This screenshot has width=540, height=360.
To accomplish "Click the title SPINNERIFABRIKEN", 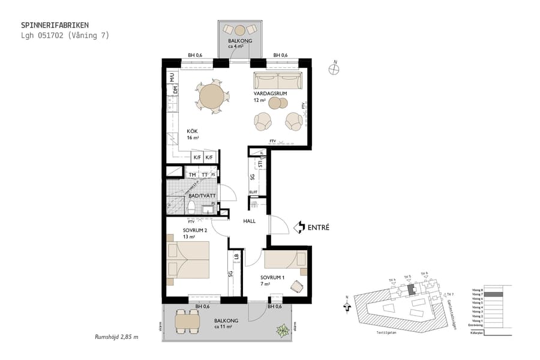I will [x=55, y=25].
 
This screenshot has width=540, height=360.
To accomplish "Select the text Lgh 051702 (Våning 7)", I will [x=65, y=35].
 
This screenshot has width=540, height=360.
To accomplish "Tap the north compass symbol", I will [x=334, y=69].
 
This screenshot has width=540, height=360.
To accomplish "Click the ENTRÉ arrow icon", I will [x=299, y=227].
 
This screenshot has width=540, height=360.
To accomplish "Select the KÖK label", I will [x=192, y=131].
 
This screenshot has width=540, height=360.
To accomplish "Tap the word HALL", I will [x=249, y=221].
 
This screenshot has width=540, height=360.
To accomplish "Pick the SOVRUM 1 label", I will [x=272, y=277].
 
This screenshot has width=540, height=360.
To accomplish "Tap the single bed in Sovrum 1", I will [x=285, y=259].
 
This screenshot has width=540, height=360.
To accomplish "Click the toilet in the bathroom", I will [x=191, y=208].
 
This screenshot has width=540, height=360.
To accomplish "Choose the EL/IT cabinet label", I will [x=253, y=192].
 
